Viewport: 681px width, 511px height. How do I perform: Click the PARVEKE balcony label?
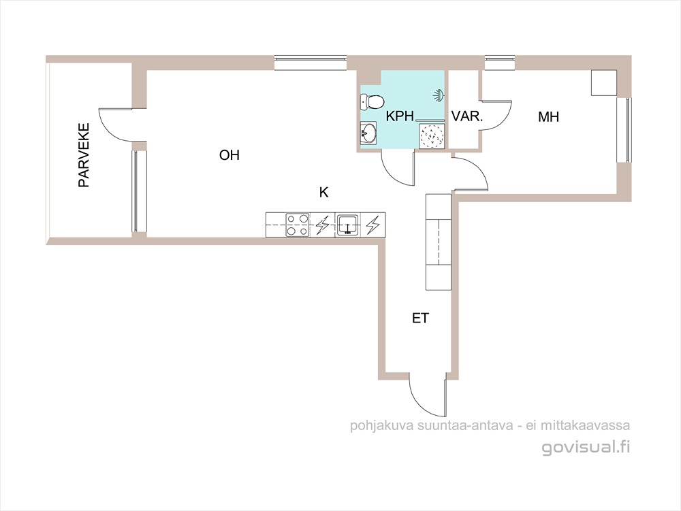coord(83,155)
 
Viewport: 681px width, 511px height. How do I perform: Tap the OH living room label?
coord(229,155)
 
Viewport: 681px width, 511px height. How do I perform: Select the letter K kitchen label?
coord(323,192)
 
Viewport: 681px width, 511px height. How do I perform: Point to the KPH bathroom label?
coord(400,116)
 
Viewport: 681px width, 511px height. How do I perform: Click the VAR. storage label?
coord(467,116)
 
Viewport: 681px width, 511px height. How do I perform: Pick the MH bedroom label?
coord(548,116)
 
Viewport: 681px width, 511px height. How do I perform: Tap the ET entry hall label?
coord(420,318)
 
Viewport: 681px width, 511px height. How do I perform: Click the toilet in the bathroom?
coord(373,102)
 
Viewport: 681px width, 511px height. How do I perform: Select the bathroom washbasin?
coord(368,132)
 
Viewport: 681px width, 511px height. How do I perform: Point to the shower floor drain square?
coord(432,137)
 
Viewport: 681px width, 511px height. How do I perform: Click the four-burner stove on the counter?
coord(298,225)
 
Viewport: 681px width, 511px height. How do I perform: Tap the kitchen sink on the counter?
coord(347,225)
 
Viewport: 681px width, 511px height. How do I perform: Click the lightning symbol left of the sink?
coord(322,225)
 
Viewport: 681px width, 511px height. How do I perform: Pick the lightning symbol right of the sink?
coord(373,225)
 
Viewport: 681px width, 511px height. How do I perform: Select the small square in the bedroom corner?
coord(603,82)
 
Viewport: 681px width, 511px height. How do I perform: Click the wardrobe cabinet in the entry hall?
coord(439,242)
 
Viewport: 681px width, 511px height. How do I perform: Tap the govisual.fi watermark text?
coord(586,447)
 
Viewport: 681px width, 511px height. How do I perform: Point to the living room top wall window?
coord(311,63)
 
